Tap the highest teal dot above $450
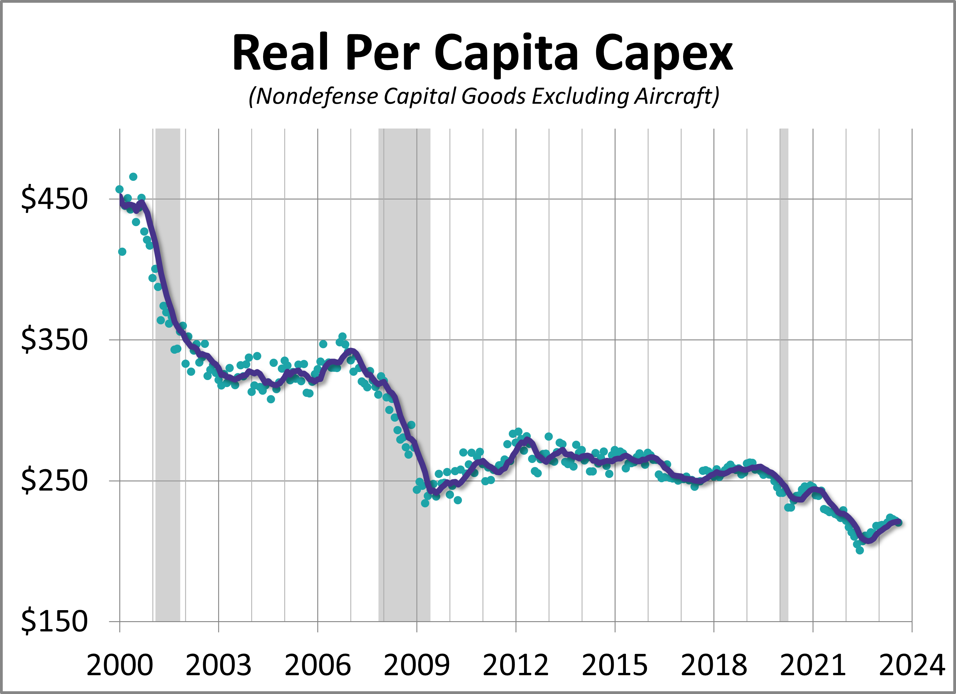(x=133, y=177)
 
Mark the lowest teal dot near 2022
(x=860, y=550)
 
